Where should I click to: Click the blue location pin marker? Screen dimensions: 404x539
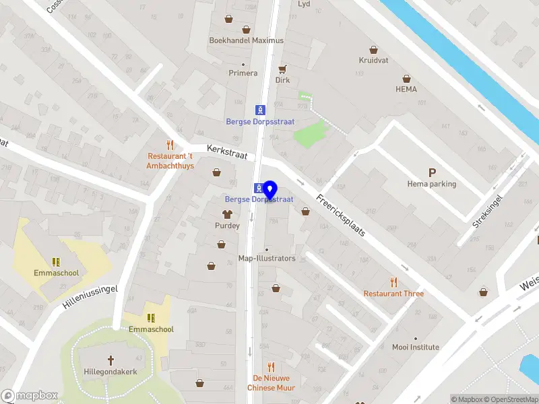(x=270, y=190)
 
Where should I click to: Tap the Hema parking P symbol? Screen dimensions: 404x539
(x=432, y=173)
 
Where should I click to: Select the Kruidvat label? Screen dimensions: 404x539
(x=375, y=60)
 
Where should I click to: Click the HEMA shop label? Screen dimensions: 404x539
(x=406, y=89)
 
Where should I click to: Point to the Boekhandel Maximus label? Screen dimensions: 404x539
(x=247, y=40)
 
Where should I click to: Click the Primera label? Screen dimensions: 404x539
(x=243, y=73)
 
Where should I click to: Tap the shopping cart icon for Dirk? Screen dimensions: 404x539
(x=283, y=69)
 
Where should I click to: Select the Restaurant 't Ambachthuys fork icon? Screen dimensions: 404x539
(x=170, y=145)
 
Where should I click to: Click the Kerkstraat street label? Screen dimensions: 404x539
(x=227, y=151)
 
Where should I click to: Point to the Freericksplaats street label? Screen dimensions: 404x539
(x=342, y=215)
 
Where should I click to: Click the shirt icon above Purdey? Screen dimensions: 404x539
(x=227, y=214)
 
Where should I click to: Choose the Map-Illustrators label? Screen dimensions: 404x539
(x=267, y=258)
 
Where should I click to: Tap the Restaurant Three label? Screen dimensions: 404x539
(x=393, y=294)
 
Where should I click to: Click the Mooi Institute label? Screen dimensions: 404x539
(x=416, y=347)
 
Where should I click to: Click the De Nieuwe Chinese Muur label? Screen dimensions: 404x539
(x=271, y=383)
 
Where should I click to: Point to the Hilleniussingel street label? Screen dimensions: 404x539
(x=90, y=297)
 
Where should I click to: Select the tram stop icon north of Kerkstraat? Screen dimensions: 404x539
(x=259, y=110)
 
